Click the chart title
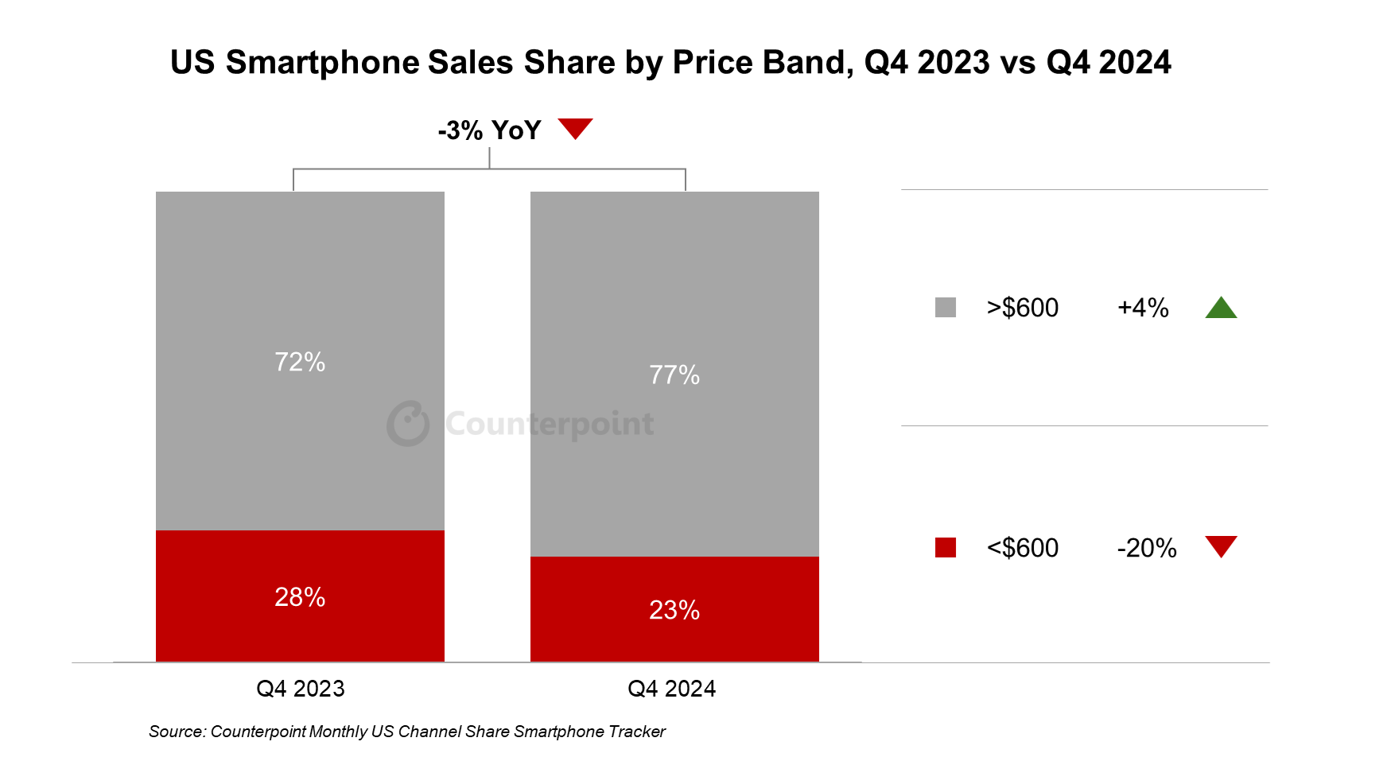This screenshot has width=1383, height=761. pyautogui.click(x=670, y=62)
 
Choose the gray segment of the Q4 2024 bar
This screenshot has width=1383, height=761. pyautogui.click(x=674, y=278)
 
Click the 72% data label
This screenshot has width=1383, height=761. pyautogui.click(x=300, y=362)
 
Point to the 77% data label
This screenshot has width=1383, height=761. pyautogui.click(x=674, y=375)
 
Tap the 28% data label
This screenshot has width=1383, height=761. pyautogui.click(x=300, y=596)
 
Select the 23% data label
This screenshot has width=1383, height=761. pyautogui.click(x=674, y=610)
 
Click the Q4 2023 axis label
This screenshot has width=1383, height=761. pyautogui.click(x=300, y=689)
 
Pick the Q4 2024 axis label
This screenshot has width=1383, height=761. pyautogui.click(x=671, y=689)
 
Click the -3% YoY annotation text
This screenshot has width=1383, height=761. pyautogui.click(x=489, y=130)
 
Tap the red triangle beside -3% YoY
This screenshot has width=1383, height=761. pyautogui.click(x=575, y=127)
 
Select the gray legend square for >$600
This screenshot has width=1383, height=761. pyautogui.click(x=945, y=308)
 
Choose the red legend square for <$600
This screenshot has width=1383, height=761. pyautogui.click(x=945, y=548)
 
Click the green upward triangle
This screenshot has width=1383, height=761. pyautogui.click(x=1221, y=309)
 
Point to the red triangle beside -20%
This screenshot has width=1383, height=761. pyautogui.click(x=1221, y=546)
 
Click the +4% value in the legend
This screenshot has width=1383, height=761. pyautogui.click(x=1143, y=308)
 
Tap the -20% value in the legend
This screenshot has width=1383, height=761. pyautogui.click(x=1146, y=548)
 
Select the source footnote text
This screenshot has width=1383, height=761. pyautogui.click(x=406, y=732)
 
